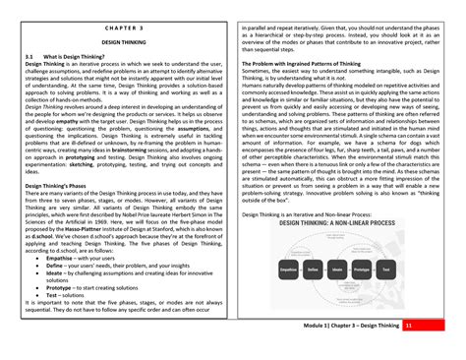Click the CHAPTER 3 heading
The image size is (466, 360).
123,30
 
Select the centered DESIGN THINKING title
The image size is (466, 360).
124,43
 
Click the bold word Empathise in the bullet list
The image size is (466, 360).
65,259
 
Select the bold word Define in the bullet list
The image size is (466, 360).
57,266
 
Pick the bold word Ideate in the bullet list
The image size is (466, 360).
57,273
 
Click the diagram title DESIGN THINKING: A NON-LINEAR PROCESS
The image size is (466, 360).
315,223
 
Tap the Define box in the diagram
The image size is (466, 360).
287,269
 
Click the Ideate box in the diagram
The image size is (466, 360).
312,269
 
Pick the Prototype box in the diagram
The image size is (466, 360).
336,269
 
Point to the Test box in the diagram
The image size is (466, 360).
360,269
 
